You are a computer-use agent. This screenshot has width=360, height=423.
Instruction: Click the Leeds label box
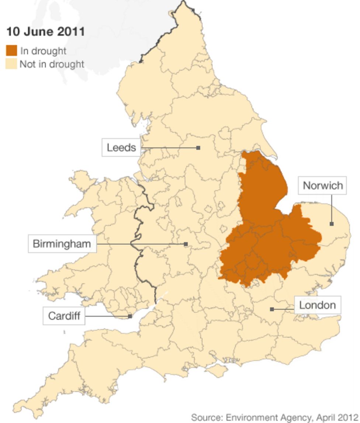pos(121,148)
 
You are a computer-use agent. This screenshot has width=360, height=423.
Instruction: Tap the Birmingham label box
pos(62,244)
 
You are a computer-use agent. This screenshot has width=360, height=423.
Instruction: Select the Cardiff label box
pos(64,316)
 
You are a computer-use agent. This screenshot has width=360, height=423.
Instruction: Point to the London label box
pos(317,305)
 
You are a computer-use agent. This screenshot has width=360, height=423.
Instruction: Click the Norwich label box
pos(322,185)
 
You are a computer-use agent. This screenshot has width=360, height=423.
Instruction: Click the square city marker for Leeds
pos(198,148)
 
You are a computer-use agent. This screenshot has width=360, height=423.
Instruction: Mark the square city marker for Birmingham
pos(186,244)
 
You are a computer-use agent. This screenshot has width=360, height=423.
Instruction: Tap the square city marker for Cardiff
pos(130,316)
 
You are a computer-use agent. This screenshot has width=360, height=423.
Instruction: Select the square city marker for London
pos(272,309)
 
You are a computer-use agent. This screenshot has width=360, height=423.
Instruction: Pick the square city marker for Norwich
pos(332,224)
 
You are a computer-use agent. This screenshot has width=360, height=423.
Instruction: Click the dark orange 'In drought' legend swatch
pos(11,51)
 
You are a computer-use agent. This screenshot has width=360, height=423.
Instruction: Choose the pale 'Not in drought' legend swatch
pos(11,64)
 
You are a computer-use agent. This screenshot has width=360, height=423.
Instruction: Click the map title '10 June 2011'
pos(45,32)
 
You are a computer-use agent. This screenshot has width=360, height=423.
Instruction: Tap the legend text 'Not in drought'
pos(52,64)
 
